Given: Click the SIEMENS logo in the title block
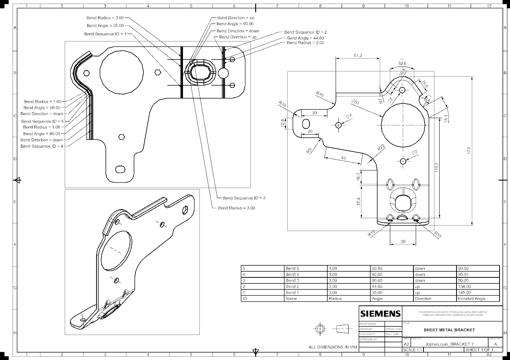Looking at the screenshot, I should pos(380,313).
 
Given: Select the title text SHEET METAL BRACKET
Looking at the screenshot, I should pos(449,330).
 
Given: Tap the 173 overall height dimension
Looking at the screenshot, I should pos(469,150).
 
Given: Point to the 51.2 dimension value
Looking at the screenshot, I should pos(358,56).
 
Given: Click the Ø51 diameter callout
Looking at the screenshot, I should pos(355,102).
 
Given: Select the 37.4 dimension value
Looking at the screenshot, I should pos(358,201).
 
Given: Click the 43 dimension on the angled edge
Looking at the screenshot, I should pos(343,158).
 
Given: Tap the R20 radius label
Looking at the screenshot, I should pos(381,147).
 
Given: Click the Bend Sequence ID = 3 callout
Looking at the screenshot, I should pos(244,198).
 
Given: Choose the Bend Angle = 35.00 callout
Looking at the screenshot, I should pos(105,26).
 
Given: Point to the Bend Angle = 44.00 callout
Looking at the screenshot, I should pos(305,38).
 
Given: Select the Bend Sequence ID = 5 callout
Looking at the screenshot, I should pos(42,121).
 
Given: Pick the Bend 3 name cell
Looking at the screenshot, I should pos(292,280).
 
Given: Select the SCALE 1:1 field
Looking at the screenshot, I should pos(413,350).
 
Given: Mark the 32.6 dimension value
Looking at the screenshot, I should pos(402,64).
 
